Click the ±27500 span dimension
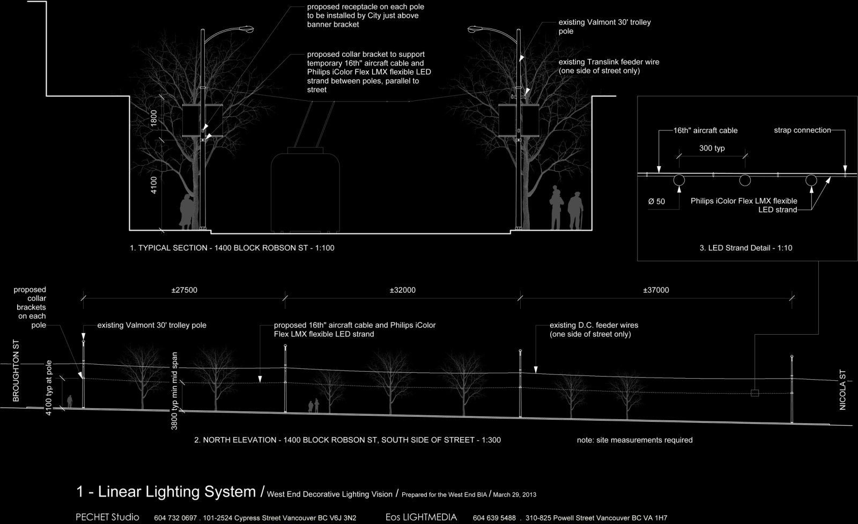click(x=184, y=290)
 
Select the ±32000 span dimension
click(x=403, y=290)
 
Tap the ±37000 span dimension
click(x=656, y=290)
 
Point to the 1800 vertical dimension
click(x=154, y=118)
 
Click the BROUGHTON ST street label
click(x=16, y=371)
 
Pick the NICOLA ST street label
click(x=842, y=390)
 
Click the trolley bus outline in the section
click(x=305, y=190)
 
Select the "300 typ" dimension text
click(x=712, y=148)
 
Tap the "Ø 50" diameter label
click(x=656, y=202)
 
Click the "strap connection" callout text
click(x=802, y=130)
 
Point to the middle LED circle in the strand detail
click(x=745, y=180)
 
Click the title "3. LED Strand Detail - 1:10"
click(x=746, y=248)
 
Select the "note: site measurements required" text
click(x=635, y=440)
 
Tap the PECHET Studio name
click(x=107, y=517)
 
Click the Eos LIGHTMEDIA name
click(x=421, y=517)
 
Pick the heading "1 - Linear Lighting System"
click(x=166, y=491)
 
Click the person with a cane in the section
click(x=575, y=211)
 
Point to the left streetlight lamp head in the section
click(x=246, y=29)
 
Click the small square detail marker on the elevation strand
click(x=755, y=393)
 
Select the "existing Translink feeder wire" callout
click(x=609, y=67)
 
